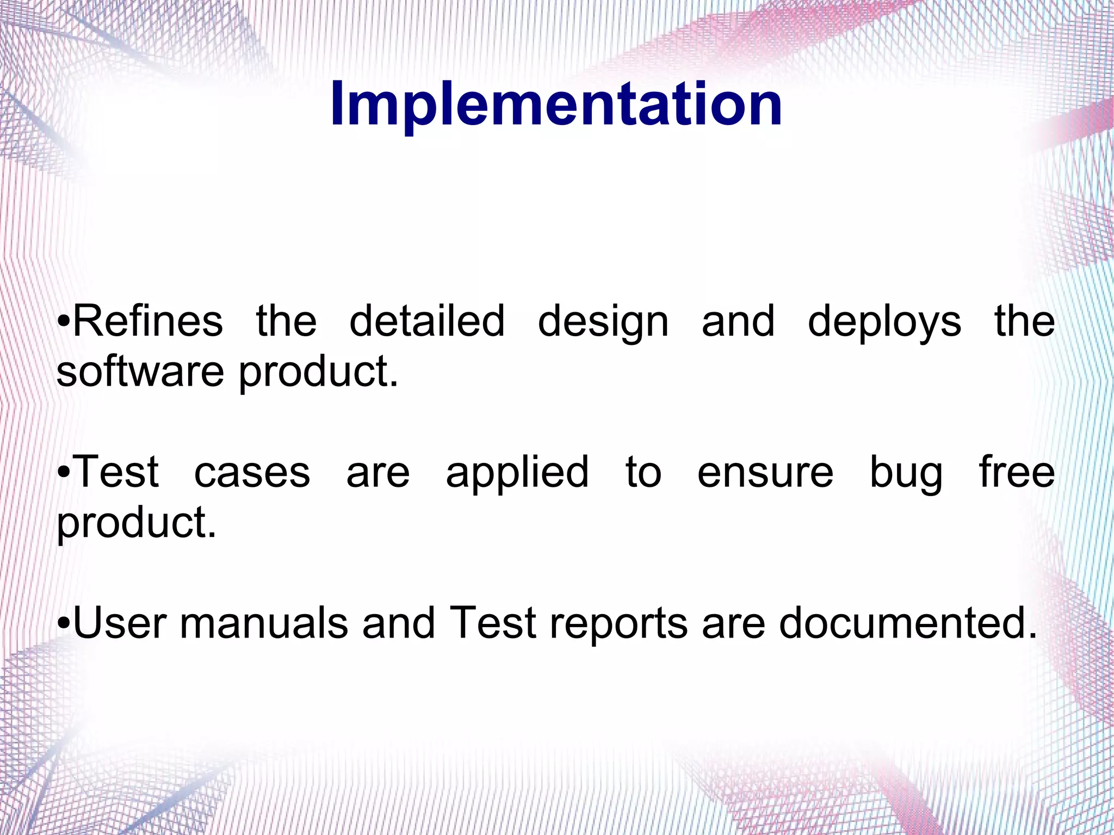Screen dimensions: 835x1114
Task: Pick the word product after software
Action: pyautogui.click(x=318, y=373)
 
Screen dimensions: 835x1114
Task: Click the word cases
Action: pyautogui.click(x=252, y=472)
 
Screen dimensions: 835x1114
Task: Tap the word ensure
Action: pyautogui.click(x=765, y=472)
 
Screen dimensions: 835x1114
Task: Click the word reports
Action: pyautogui.click(x=619, y=624)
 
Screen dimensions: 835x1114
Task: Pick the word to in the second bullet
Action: pyautogui.click(x=643, y=472)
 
